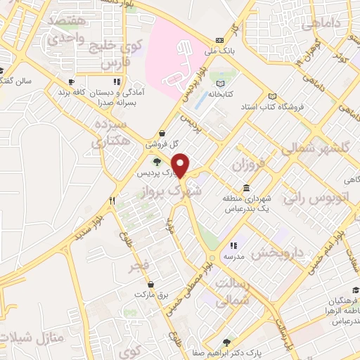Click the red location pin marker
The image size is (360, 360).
(181, 165)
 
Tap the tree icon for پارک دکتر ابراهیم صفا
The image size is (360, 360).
(226, 344)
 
